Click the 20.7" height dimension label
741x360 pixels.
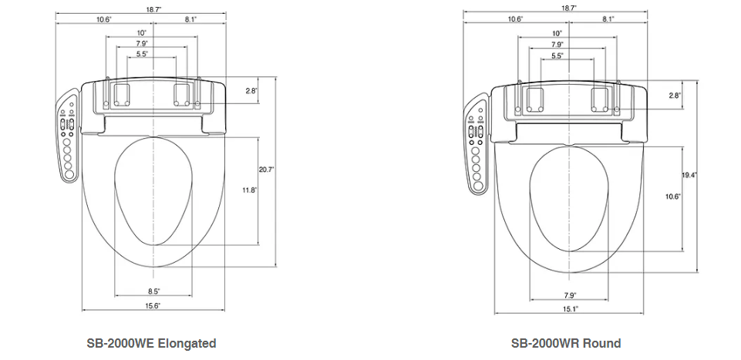267,169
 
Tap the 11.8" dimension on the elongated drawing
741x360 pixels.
250,190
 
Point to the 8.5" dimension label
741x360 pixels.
153,291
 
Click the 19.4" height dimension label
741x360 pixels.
689,175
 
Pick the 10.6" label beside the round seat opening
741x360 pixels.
673,197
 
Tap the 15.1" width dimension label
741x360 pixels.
570,309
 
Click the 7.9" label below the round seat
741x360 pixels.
570,296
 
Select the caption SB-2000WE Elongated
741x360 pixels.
151,343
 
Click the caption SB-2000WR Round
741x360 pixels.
566,343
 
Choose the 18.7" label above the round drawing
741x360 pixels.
570,8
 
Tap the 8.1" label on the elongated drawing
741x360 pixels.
190,19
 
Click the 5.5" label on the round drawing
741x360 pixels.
557,56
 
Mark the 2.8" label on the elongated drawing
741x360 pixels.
251,90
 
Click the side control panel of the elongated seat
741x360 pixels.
68,136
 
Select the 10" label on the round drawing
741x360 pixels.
557,34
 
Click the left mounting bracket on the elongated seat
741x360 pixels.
122,95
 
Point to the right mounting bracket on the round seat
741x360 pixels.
600,99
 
